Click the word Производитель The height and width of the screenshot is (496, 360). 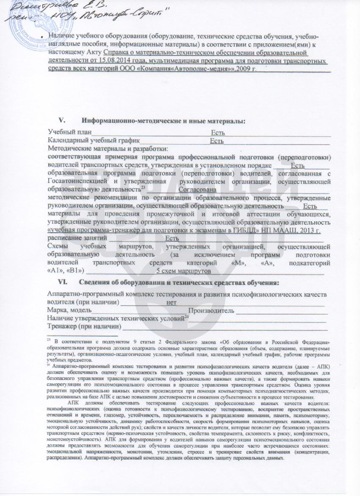(211, 311)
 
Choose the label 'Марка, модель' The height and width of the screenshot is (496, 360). (69, 311)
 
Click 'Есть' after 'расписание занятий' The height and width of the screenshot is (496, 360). (172, 238)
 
